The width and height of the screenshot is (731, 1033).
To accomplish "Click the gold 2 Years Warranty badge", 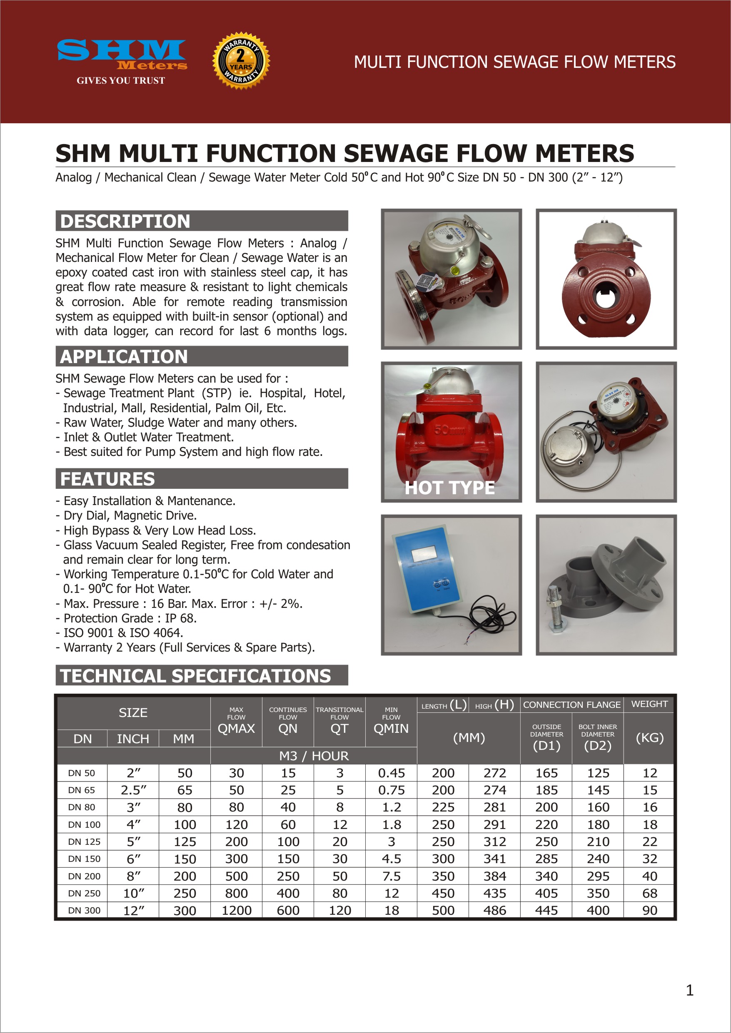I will click(x=241, y=61).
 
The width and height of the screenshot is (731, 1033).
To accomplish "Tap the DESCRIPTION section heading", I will click(x=125, y=222).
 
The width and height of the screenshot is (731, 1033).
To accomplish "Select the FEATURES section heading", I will click(x=107, y=479).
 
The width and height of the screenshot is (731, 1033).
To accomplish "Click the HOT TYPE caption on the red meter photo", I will click(x=449, y=488).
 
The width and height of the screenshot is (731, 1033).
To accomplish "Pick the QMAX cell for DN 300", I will click(x=236, y=910).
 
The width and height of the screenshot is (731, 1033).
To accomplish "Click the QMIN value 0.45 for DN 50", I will click(x=391, y=773).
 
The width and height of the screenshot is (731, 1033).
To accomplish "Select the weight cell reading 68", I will click(x=649, y=893).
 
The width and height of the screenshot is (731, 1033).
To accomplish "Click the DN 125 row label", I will click(x=84, y=842).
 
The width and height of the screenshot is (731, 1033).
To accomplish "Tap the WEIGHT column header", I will click(x=649, y=704).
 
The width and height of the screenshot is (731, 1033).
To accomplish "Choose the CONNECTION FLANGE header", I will click(x=571, y=704).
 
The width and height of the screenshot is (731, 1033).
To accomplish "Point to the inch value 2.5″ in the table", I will click(x=133, y=790).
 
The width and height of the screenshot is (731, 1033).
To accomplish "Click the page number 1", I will click(x=689, y=990).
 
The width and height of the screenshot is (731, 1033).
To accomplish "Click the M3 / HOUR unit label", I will click(x=314, y=756).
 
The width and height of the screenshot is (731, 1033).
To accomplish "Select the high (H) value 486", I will click(x=494, y=910).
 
